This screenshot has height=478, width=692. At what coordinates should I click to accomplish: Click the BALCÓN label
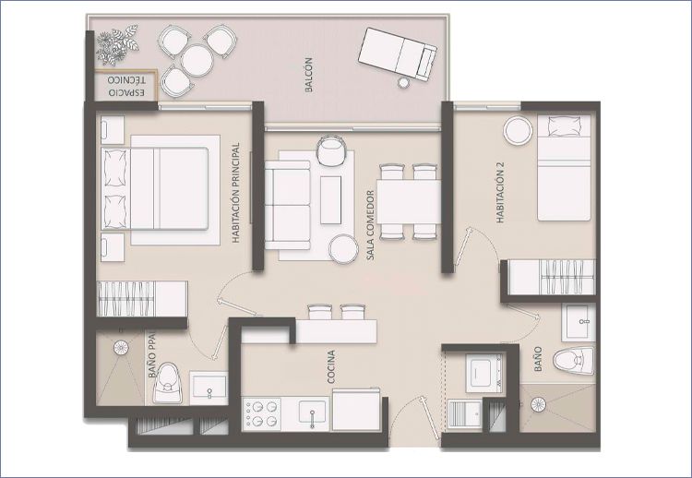[308, 75]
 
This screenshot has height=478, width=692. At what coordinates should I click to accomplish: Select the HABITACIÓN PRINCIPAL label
[235, 193]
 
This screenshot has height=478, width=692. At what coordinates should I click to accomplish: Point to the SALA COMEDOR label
[370, 224]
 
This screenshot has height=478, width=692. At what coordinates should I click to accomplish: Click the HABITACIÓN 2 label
[500, 193]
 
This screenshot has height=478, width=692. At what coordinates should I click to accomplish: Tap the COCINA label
[331, 366]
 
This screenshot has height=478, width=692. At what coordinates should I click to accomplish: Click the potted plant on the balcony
[117, 43]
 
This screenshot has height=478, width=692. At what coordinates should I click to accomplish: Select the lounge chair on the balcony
[398, 54]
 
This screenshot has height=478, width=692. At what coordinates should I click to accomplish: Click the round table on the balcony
[197, 61]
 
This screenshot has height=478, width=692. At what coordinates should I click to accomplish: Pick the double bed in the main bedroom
[154, 189]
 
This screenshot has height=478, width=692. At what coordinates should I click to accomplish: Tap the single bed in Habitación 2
[564, 168]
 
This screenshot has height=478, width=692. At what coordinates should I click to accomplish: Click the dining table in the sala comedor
[409, 202]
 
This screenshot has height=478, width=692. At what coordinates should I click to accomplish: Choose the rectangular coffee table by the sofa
[330, 200]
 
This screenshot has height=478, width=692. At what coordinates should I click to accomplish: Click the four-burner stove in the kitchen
[262, 414]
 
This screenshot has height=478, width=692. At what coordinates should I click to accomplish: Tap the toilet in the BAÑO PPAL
[167, 384]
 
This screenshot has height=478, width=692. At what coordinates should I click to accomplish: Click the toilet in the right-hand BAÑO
[574, 360]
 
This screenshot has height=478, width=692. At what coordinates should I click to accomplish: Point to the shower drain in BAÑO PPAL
[121, 347]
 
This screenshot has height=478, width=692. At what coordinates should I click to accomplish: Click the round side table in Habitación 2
[519, 130]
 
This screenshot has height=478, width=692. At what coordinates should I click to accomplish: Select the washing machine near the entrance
[484, 374]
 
